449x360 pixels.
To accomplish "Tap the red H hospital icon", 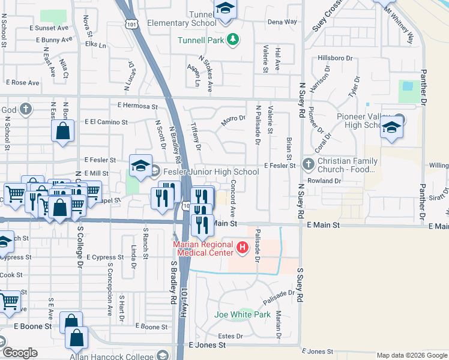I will pyautogui.click(x=242, y=247).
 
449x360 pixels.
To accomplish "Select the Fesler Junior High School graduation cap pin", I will pyautogui.click(x=140, y=166).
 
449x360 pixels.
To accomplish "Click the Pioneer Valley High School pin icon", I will pyautogui.click(x=391, y=128).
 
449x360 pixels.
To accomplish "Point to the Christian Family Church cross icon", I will pyautogui.click(x=308, y=163).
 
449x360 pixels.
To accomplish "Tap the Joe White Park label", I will pyautogui.click(x=243, y=314).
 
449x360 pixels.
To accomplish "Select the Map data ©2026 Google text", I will pyautogui.click(x=412, y=355).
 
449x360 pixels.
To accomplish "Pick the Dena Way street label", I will pyautogui.click(x=282, y=22).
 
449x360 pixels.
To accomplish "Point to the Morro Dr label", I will pyautogui.click(x=234, y=118).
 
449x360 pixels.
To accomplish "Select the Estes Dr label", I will pyautogui.click(x=230, y=336).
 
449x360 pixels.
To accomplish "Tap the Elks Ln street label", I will pyautogui.click(x=96, y=44).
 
